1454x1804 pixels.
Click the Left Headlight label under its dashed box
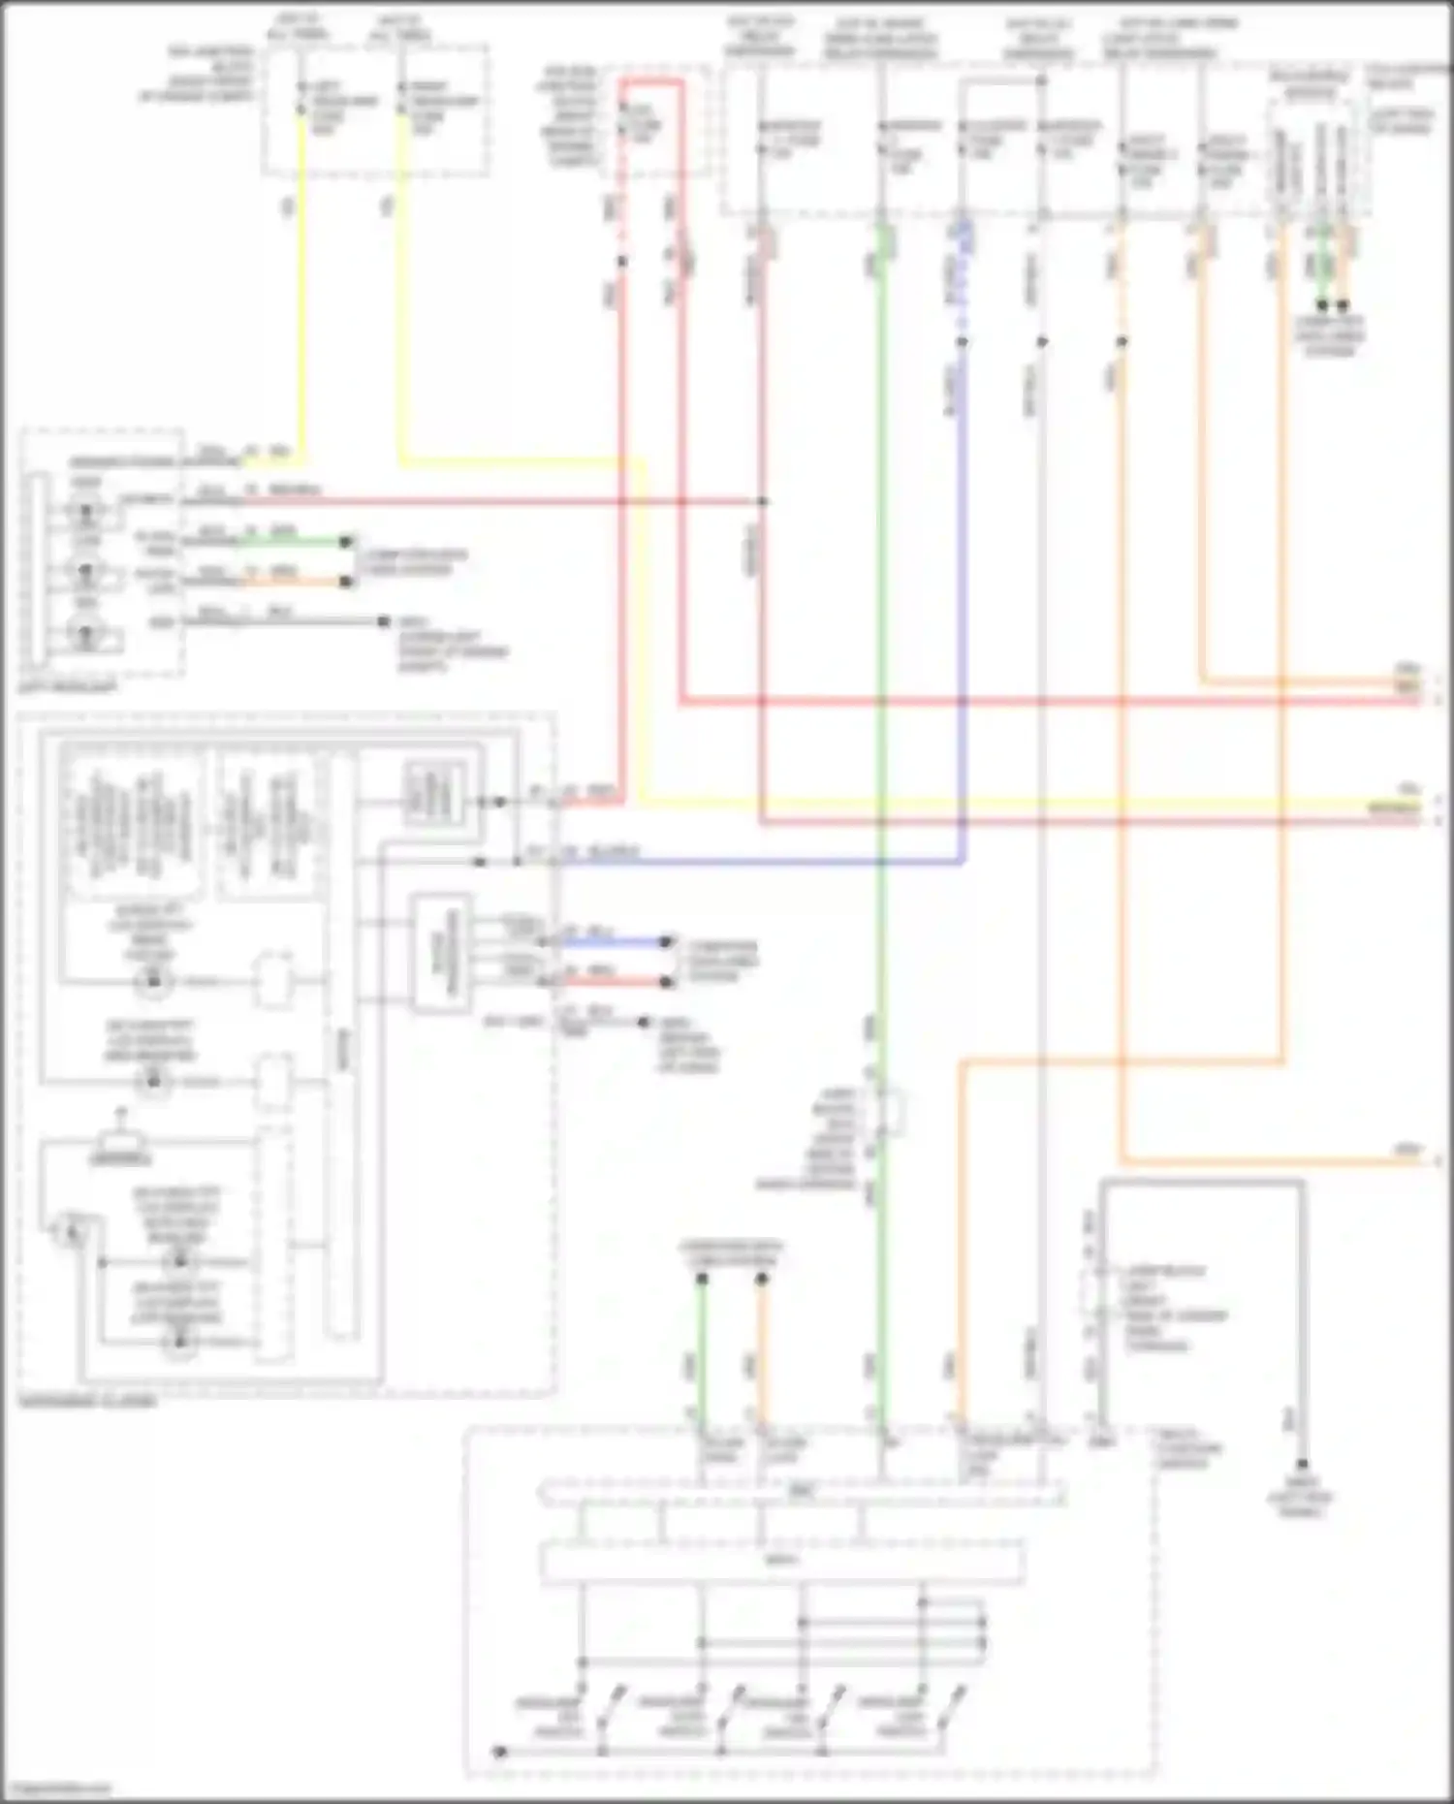[68, 687]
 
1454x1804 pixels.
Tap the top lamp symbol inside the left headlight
[87, 511]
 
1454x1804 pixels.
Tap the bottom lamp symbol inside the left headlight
[87, 636]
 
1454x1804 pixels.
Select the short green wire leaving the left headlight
[291, 541]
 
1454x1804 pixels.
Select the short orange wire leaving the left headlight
[291, 582]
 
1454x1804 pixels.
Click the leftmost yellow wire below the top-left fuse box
[301, 291]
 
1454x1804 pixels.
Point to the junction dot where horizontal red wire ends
[763, 501]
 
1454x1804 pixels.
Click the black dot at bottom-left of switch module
[499, 1753]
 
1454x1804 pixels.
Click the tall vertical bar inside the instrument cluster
[341, 1047]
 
